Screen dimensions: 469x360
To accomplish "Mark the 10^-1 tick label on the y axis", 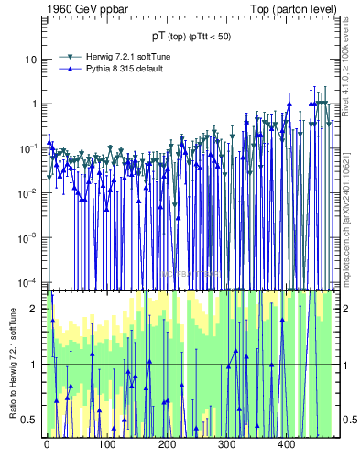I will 29,147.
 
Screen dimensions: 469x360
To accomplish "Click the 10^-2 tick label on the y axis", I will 29,192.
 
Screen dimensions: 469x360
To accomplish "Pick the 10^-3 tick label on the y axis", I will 29,236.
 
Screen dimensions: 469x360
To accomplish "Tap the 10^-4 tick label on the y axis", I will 29,281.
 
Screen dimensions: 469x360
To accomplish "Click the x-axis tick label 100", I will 106,444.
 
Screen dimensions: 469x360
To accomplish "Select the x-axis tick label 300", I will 226,444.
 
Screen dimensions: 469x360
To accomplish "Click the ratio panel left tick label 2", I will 35,309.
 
